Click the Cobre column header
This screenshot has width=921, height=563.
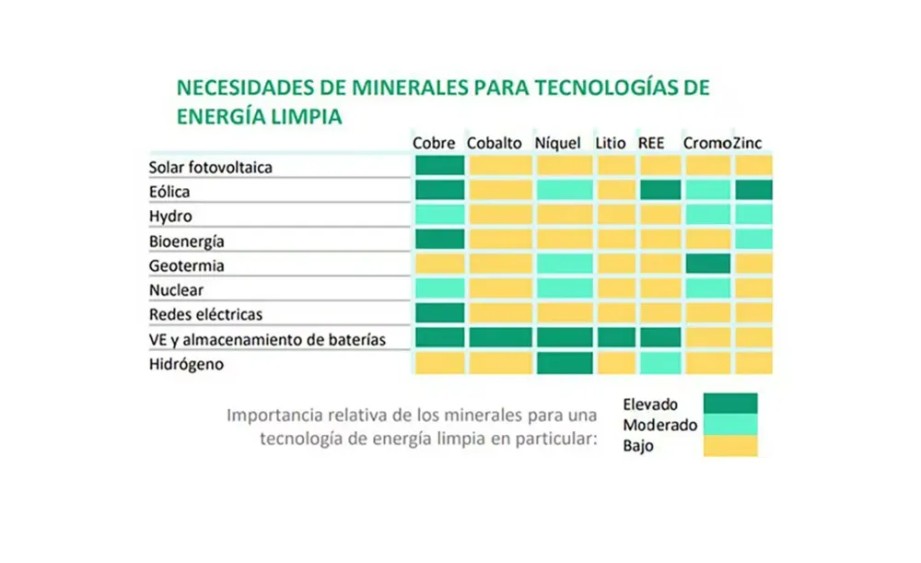[x=435, y=144]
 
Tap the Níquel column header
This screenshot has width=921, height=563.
[x=558, y=144]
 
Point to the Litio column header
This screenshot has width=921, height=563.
[x=611, y=144]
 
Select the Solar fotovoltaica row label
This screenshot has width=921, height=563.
[x=211, y=168]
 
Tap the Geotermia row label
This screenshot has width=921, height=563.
[x=186, y=266]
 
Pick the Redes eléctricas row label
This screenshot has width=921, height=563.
[x=205, y=315]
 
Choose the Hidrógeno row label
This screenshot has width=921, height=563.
[x=187, y=364]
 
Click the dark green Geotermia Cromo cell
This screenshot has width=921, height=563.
[x=707, y=264]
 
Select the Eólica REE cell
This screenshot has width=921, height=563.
[x=659, y=191]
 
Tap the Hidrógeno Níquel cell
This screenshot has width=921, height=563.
[x=565, y=363]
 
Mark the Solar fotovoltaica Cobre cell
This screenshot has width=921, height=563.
[x=439, y=166]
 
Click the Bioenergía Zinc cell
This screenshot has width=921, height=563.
[x=753, y=240]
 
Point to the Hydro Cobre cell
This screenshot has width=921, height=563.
[x=439, y=215]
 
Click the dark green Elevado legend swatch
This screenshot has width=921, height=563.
[x=729, y=404]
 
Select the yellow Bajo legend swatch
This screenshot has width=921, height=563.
[x=729, y=447]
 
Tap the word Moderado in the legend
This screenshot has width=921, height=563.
[x=660, y=426]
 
